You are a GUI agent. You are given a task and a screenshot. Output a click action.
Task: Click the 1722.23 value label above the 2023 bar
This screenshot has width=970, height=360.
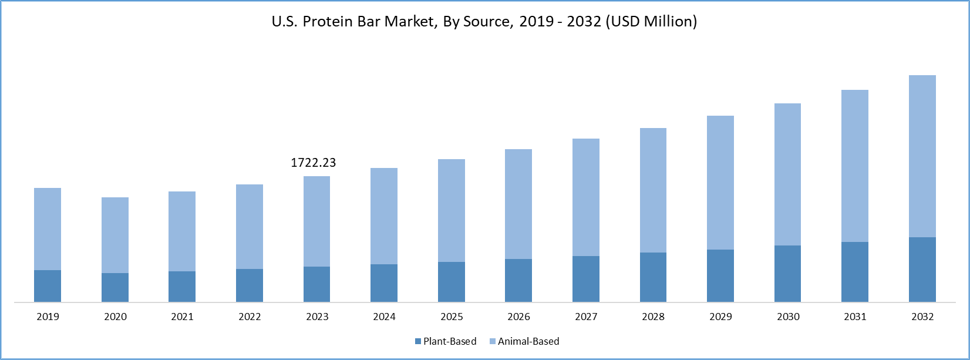(314, 163)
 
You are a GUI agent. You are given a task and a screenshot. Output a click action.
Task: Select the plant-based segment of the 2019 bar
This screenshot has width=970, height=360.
(48, 286)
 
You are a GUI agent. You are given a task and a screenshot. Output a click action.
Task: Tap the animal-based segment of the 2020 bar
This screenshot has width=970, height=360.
(115, 235)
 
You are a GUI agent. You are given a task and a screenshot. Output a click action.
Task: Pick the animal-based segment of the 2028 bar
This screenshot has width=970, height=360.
(653, 190)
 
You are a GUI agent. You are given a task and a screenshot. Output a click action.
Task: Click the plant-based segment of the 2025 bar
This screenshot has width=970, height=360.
(452, 282)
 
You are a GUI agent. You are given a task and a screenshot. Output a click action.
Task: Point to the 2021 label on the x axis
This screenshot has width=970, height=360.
(182, 317)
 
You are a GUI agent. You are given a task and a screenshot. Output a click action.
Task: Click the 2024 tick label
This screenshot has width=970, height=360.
(384, 317)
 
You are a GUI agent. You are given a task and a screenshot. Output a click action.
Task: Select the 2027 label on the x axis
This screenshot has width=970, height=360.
(586, 317)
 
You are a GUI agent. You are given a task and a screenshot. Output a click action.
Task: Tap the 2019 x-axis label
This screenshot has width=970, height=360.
(48, 317)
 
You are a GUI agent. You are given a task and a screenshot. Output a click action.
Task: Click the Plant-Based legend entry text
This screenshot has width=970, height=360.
(450, 341)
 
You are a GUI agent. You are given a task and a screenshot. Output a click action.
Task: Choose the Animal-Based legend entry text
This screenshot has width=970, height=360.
(528, 341)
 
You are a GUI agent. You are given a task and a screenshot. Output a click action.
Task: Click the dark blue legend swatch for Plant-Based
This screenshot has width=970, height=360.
(418, 341)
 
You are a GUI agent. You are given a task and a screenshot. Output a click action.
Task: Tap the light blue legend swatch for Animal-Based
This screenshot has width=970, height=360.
(493, 341)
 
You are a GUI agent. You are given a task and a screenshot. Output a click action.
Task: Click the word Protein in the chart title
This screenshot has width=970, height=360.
(326, 22)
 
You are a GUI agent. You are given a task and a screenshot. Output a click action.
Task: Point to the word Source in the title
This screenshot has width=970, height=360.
(483, 22)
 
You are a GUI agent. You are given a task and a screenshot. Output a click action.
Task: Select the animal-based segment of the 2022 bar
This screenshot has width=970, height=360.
(250, 227)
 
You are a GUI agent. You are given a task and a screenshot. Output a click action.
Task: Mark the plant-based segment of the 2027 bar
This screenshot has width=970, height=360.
(586, 279)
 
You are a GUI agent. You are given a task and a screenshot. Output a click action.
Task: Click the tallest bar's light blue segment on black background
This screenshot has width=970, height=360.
(922, 156)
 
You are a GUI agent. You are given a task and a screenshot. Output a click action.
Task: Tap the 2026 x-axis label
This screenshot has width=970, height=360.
(518, 317)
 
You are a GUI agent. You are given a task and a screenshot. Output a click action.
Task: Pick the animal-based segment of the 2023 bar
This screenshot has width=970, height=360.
(317, 221)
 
